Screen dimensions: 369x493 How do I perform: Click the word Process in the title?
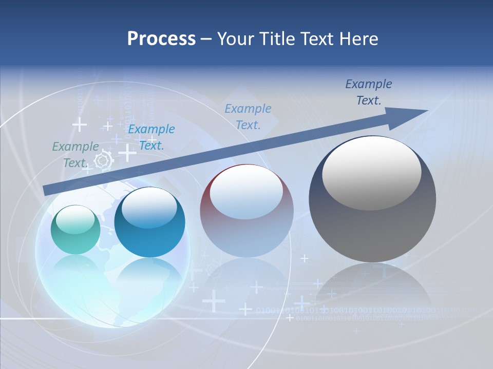tap(161, 38)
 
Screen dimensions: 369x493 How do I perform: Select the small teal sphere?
tap(75, 230)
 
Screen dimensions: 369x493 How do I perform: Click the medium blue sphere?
tap(149, 222)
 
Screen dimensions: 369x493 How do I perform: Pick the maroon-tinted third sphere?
tap(246, 211)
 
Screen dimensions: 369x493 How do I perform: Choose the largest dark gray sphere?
tap(372, 199)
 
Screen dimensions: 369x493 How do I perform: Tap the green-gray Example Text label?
tap(75, 154)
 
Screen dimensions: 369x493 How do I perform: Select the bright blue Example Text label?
tap(151, 137)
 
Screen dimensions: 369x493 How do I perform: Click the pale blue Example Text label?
tap(248, 116)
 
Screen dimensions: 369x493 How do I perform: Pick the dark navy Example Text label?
tap(369, 92)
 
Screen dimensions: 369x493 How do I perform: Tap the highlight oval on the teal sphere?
tap(75, 219)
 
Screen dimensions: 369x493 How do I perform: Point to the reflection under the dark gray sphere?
tap(372, 287)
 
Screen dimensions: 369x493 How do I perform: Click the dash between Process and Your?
tap(206, 39)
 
